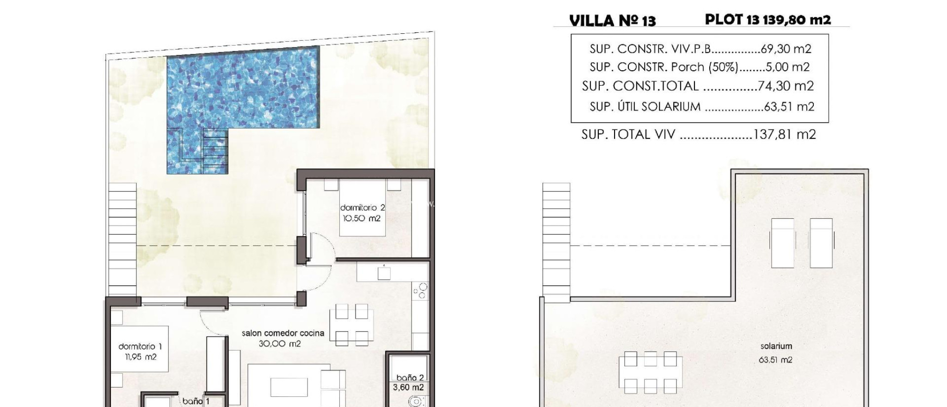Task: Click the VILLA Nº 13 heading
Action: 612,21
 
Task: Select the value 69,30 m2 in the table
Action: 786,49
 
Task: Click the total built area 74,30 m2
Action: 786,86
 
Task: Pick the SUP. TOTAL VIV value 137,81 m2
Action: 785,135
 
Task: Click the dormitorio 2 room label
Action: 363,208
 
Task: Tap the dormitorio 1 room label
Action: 140,346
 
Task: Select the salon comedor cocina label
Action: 283,333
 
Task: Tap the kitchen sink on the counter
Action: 384,273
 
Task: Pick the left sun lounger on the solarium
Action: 782,243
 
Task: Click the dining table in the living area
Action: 352,325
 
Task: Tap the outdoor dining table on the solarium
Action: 650,372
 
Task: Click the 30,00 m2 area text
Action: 280,344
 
